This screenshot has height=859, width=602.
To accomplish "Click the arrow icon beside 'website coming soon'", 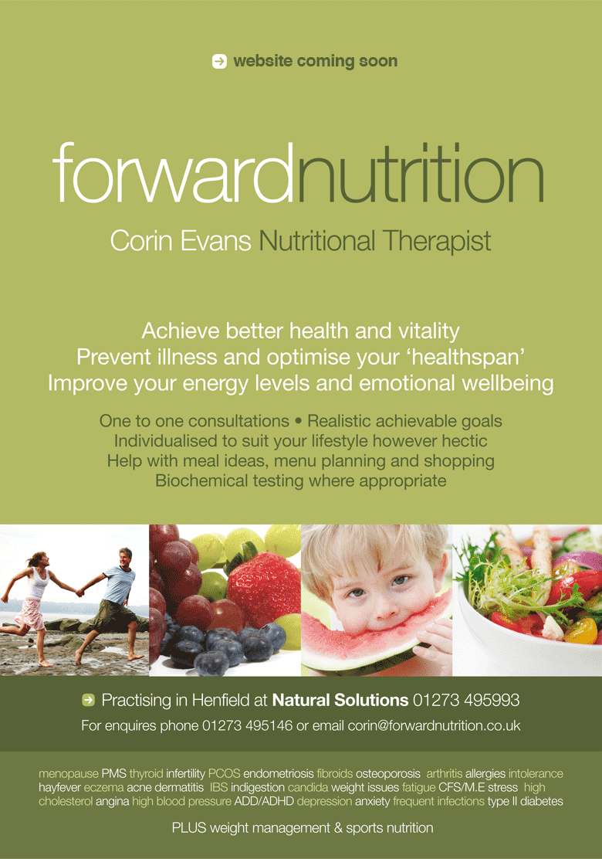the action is (219, 61).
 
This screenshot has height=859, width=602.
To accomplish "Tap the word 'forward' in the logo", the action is (172, 172).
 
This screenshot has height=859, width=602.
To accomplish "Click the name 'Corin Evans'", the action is (181, 241).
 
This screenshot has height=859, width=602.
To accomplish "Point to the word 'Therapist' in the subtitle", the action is (437, 242).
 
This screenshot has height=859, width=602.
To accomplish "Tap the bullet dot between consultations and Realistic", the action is (298, 421).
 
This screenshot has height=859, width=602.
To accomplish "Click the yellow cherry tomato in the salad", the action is (581, 630).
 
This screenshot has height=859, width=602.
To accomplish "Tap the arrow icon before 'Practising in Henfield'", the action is (88, 700).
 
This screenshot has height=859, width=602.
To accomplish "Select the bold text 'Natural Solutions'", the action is (340, 700).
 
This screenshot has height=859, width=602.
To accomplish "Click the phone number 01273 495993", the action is (466, 700).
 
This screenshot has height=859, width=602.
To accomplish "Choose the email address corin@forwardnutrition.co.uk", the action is (434, 725).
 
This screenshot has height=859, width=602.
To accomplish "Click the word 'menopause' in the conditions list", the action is (69, 774).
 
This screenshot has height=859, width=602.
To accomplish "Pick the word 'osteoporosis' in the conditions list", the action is (388, 774).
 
